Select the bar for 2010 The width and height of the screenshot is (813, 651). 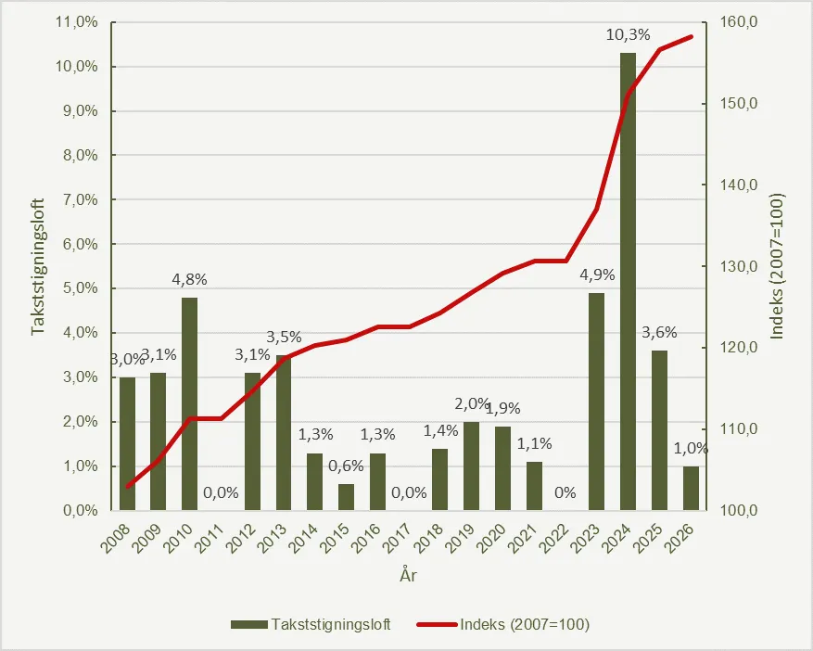coord(189,403)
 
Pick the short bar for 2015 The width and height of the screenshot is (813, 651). coord(346,497)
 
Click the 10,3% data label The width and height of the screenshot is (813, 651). coord(628,36)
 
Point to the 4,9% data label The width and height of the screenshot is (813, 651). coord(596,276)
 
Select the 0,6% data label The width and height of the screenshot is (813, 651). coord(346,466)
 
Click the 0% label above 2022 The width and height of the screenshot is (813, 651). coord(565,492)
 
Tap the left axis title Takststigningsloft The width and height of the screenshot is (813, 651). coord(39,266)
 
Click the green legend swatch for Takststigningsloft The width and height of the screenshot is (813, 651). coord(248,624)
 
